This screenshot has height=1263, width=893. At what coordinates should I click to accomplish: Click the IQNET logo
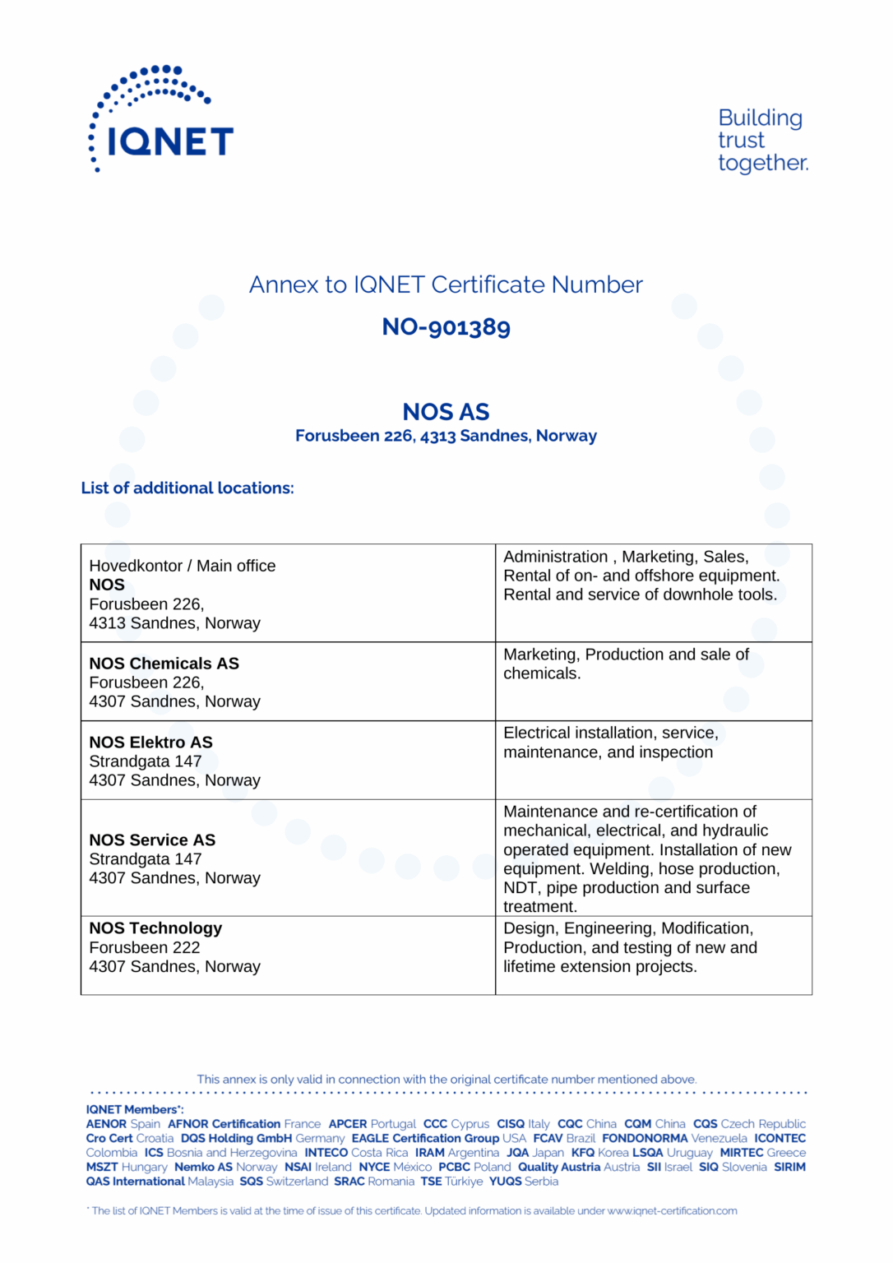tap(161, 120)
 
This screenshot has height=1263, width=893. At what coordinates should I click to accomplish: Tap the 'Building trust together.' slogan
tap(761, 141)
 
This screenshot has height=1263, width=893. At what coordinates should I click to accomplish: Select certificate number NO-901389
tap(446, 327)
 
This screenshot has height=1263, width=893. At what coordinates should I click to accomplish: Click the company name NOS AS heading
tap(446, 412)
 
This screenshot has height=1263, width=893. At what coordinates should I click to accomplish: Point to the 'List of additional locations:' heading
tap(187, 488)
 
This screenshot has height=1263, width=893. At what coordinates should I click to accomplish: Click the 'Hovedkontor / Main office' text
tap(183, 566)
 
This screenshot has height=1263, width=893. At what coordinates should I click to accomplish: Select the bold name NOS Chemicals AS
tap(164, 664)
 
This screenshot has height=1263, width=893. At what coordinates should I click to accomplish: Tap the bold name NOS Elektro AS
tap(151, 743)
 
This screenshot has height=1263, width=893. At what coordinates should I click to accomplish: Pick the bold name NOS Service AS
tap(153, 840)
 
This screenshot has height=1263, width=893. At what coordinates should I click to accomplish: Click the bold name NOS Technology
tap(156, 928)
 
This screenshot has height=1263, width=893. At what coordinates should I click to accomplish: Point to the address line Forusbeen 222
tap(145, 948)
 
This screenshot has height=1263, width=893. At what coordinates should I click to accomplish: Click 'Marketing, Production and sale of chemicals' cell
tap(626, 664)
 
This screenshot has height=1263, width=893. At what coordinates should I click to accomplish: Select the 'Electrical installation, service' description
tap(610, 733)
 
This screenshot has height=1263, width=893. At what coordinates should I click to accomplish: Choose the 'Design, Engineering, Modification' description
tap(628, 928)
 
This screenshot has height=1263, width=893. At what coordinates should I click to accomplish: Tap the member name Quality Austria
tap(559, 1168)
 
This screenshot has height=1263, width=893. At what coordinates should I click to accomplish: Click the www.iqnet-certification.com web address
tap(672, 1211)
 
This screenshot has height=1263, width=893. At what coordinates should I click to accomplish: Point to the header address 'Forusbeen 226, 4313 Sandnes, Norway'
tap(446, 437)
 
